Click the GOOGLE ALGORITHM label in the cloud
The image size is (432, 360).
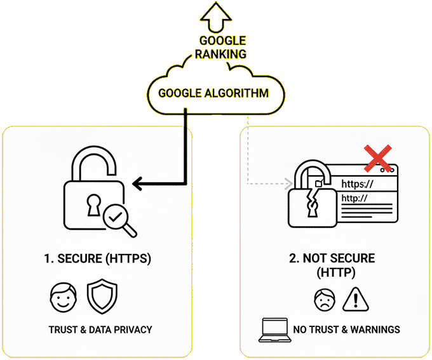(213, 93)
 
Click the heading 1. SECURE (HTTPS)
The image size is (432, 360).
(97, 259)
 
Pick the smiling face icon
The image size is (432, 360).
(62, 297)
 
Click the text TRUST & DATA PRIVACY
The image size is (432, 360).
(100, 330)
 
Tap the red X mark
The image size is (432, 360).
(375, 158)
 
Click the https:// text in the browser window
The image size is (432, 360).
(357, 184)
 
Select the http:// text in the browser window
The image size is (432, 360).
(354, 199)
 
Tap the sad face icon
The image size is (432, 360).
(324, 298)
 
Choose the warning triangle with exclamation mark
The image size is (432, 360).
(355, 298)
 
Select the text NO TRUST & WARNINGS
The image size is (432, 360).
(346, 330)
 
